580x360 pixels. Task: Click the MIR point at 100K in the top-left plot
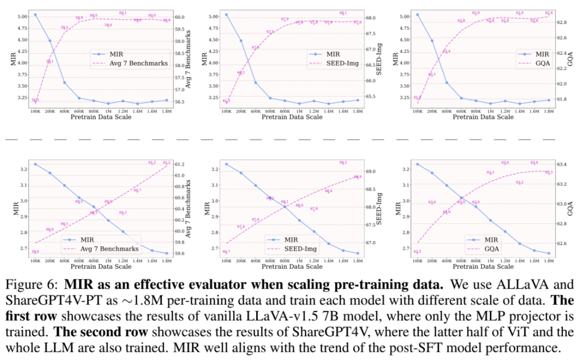pos(35,15)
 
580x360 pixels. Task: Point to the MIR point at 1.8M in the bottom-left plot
pos(166,253)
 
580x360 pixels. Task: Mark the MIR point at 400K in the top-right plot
pos(446,83)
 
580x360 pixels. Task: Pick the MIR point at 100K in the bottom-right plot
pos(417,164)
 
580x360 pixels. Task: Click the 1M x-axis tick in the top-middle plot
pos(299,112)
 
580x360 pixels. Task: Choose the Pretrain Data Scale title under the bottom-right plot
pos(483,267)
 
